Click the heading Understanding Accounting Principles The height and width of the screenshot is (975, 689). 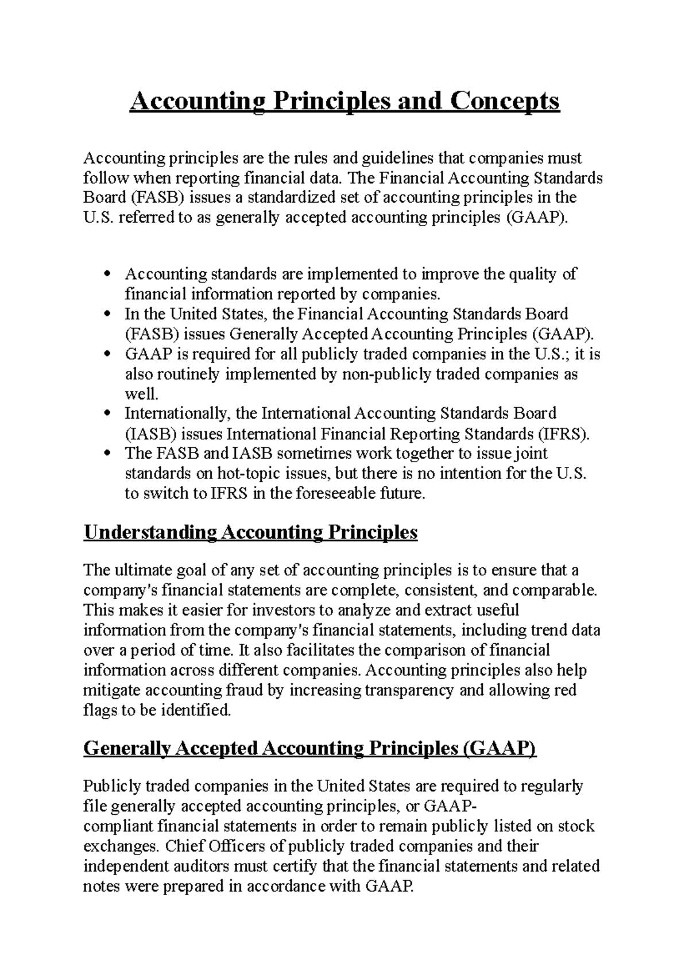[250, 532]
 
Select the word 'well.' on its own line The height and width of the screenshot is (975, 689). [141, 394]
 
